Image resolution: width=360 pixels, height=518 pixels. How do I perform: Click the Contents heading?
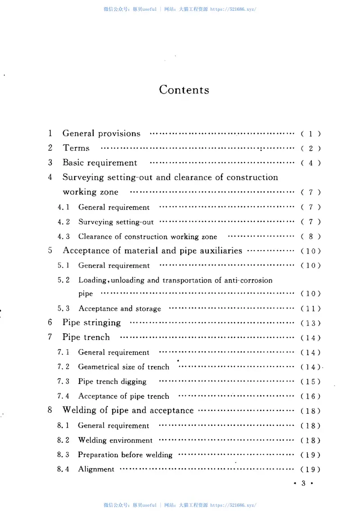point(184,90)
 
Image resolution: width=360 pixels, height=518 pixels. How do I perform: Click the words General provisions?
point(101,134)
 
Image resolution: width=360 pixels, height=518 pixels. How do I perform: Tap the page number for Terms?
point(310,148)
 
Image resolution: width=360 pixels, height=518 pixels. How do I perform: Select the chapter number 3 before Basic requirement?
point(50,163)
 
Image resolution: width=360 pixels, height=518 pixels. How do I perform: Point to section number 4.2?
point(64,222)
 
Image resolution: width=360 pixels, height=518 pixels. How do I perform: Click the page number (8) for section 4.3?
point(310,237)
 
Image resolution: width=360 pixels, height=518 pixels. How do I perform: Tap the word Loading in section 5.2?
point(92,280)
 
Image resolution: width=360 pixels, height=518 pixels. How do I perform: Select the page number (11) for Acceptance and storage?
point(310,308)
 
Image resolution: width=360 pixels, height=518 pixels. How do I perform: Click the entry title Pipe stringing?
point(92,323)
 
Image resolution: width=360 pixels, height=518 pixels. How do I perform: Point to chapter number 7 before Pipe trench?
point(50,337)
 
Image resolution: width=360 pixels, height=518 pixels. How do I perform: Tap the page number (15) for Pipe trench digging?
point(310,382)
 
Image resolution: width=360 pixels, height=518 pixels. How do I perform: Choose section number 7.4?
point(63,396)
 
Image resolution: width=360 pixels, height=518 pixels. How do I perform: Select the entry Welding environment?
point(115,440)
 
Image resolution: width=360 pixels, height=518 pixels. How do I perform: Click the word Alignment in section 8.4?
point(96,469)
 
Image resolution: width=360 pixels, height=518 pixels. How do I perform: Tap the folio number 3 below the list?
point(303,483)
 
